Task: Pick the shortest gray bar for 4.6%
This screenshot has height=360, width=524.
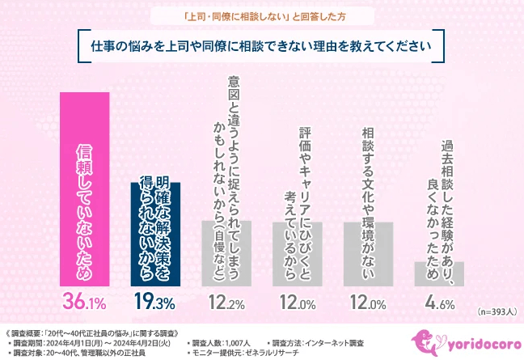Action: pyautogui.click(x=439, y=273)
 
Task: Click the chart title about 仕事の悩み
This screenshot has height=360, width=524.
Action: pyautogui.click(x=261, y=45)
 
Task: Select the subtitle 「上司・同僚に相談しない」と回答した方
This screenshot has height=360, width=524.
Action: pyautogui.click(x=261, y=15)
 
